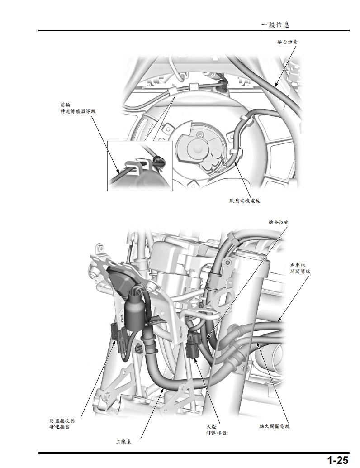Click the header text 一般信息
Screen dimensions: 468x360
[275, 24]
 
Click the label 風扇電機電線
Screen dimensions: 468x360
[244, 200]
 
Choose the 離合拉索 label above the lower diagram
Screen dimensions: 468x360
[278, 222]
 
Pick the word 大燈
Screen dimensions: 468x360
[211, 426]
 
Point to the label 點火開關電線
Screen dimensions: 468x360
[275, 426]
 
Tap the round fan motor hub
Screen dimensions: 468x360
[199, 145]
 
